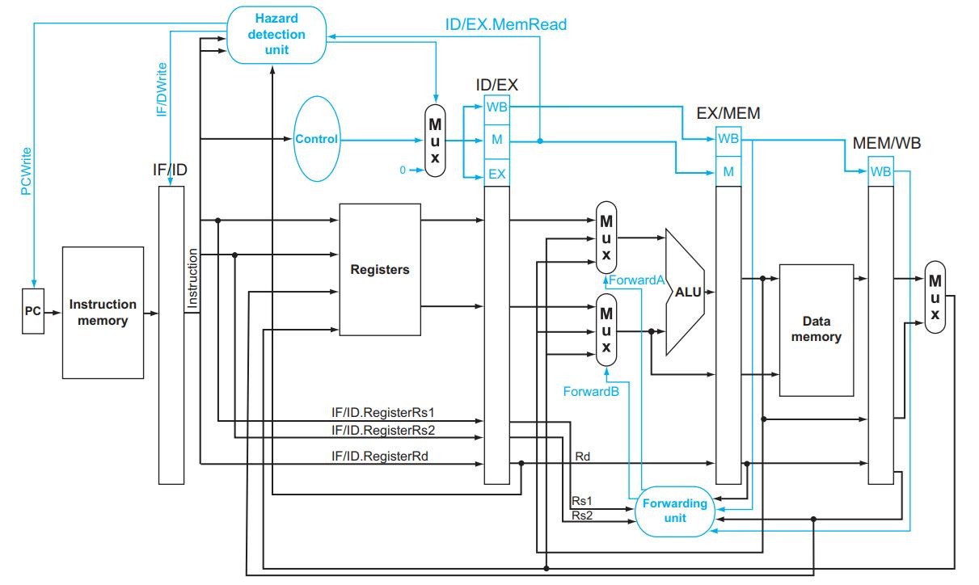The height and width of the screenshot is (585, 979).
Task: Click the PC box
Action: point(33,309)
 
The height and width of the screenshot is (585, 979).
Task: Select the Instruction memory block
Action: point(103,313)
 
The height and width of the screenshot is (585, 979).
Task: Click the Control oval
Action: point(317,139)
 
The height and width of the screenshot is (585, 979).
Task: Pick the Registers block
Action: point(380,269)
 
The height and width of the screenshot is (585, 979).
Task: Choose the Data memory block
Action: point(816,330)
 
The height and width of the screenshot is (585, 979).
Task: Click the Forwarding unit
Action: point(675,510)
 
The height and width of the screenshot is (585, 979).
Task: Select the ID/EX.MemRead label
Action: point(506,24)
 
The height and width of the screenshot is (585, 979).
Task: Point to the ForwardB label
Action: point(591,390)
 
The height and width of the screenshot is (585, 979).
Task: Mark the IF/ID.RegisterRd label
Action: point(379,457)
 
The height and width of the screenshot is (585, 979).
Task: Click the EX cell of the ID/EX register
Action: point(496,172)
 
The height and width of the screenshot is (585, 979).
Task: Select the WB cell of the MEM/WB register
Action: point(880,171)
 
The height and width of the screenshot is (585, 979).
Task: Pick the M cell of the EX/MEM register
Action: point(728,170)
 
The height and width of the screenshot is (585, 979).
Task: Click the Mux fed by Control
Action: point(435,139)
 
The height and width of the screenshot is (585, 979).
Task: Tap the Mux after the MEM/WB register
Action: point(935,297)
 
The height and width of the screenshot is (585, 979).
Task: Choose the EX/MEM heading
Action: point(728,113)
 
